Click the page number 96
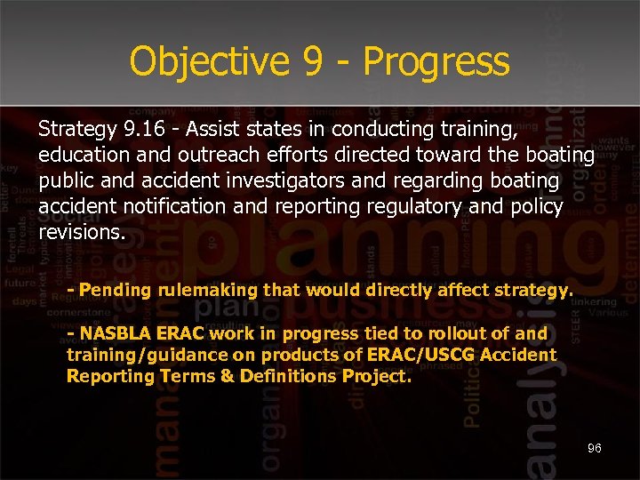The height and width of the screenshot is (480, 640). coord(594,448)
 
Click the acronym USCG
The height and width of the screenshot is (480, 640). coord(452,355)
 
